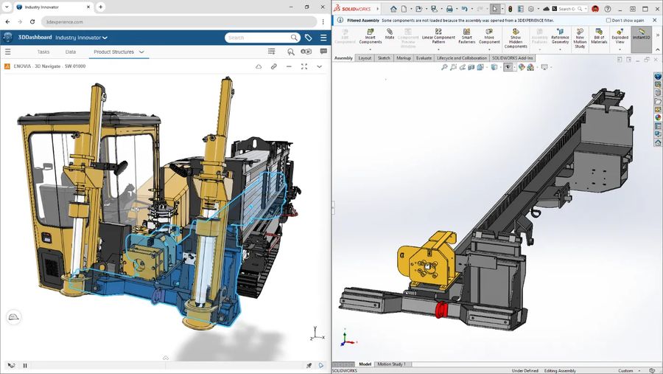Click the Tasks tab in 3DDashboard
click(x=43, y=52)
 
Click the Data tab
click(x=71, y=52)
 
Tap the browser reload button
click(x=30, y=22)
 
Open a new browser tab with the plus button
click(x=101, y=7)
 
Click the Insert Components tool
click(x=370, y=38)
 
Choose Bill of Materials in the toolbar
click(x=598, y=35)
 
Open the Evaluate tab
click(x=424, y=58)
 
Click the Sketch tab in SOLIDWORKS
click(x=384, y=58)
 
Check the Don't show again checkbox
click(x=608, y=21)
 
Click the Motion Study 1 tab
click(x=392, y=364)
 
